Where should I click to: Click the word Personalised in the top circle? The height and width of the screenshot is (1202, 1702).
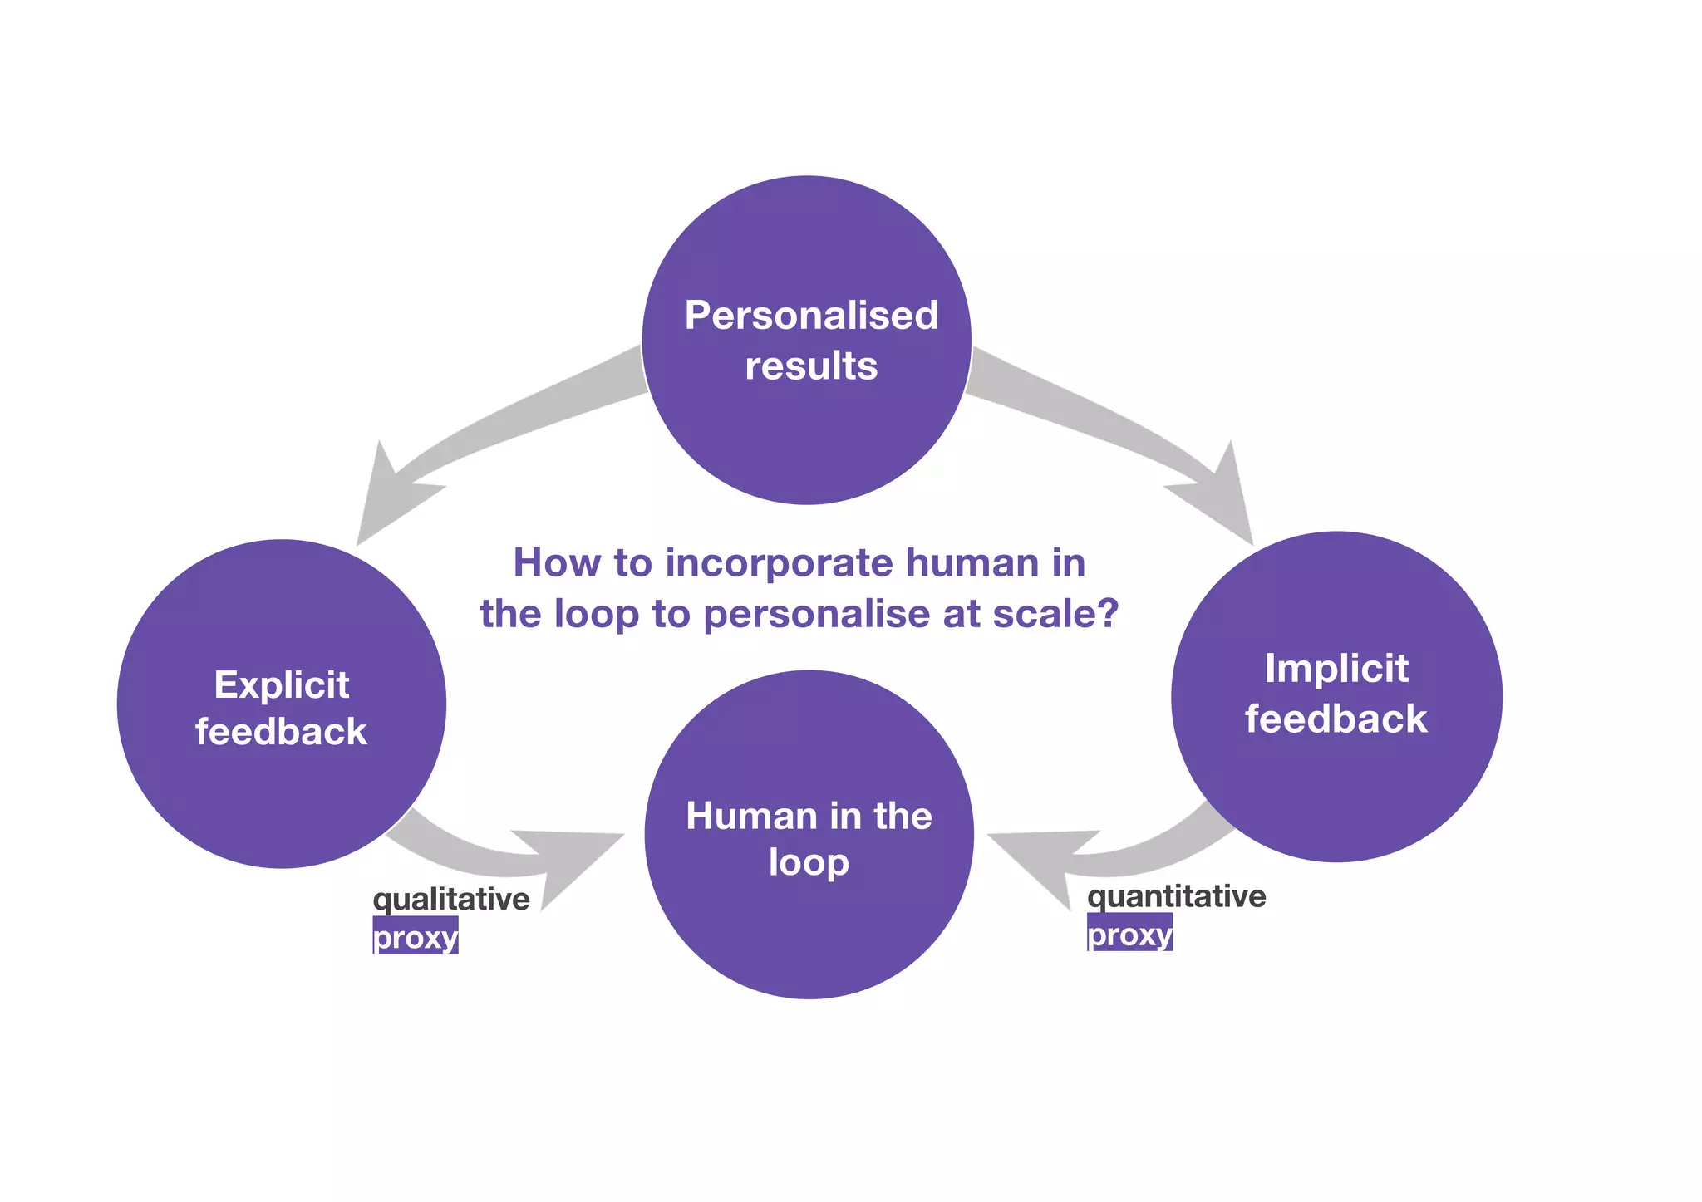811,316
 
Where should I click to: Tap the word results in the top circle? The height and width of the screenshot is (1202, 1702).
811,366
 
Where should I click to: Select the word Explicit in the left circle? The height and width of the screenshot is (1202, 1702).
282,685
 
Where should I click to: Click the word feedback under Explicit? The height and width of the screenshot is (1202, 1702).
281,732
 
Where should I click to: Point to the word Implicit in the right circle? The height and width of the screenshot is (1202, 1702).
1336,669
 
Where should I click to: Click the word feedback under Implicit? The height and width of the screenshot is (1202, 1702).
1336,719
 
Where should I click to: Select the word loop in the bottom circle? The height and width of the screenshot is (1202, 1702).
809,862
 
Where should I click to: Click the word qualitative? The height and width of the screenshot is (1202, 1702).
451,899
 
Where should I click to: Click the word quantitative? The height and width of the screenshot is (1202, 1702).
1176,896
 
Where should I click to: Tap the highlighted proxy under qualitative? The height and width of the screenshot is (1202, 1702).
416,937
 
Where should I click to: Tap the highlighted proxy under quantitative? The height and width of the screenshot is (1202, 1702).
1129,935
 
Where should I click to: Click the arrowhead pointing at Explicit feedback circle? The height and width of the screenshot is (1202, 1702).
387,498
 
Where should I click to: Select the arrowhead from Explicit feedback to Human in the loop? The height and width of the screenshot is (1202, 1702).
573,864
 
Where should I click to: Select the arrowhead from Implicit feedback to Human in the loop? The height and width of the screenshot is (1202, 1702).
1039,864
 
